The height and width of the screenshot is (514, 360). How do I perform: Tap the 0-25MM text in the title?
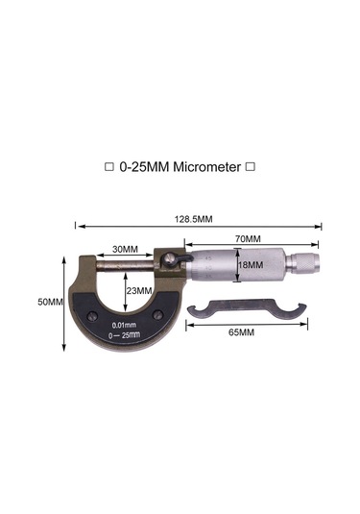[x=144, y=166]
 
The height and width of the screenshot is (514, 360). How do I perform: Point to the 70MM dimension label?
[x=247, y=238]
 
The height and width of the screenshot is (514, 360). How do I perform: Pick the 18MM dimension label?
[x=248, y=264]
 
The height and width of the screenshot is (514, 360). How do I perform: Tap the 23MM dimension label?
[x=138, y=289]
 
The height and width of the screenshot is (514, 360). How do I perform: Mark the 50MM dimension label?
[x=50, y=302]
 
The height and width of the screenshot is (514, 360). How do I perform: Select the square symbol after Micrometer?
[x=251, y=167]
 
